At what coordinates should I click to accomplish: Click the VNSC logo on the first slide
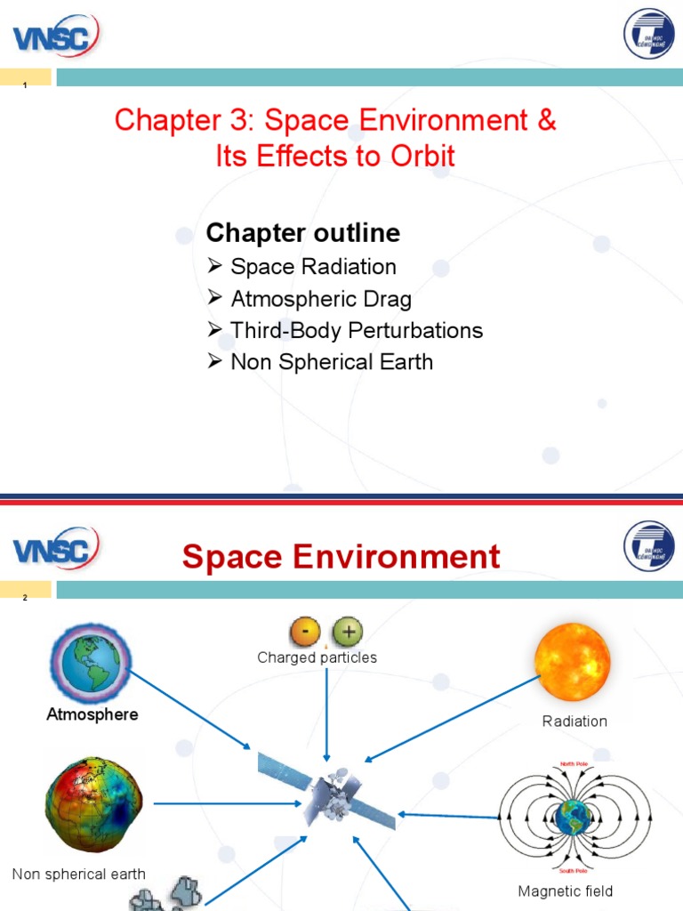(x=55, y=36)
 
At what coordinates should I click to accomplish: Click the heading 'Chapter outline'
(x=302, y=233)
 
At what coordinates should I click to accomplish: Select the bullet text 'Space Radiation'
(x=313, y=267)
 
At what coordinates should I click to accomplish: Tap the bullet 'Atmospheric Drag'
(x=320, y=299)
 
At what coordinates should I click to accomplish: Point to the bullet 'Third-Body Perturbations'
(x=356, y=331)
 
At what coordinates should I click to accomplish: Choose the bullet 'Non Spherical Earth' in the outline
(x=331, y=362)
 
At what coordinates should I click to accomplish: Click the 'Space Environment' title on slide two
(x=341, y=558)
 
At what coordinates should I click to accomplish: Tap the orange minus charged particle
(x=304, y=633)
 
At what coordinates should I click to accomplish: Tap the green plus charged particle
(x=348, y=633)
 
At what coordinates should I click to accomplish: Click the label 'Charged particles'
(x=317, y=658)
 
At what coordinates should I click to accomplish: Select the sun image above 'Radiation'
(x=573, y=663)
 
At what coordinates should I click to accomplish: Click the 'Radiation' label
(x=575, y=722)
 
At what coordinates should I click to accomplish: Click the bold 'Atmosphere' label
(x=92, y=714)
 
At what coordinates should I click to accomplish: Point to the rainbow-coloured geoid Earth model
(x=94, y=802)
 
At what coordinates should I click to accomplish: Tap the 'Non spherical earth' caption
(x=79, y=875)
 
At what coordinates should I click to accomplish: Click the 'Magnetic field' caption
(x=566, y=891)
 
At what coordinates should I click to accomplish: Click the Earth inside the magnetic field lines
(x=574, y=815)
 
